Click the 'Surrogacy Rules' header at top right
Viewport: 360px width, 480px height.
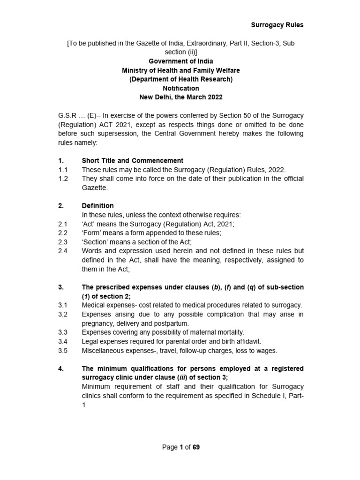pos(277,25)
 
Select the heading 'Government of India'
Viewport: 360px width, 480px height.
pos(180,61)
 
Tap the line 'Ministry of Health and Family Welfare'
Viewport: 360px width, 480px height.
pos(180,70)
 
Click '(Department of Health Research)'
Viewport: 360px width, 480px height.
pos(180,79)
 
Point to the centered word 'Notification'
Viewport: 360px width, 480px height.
pos(180,88)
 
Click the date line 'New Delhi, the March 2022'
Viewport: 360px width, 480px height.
pos(180,97)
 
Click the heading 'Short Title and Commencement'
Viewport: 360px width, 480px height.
pos(132,161)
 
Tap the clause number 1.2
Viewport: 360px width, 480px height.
pos(63,179)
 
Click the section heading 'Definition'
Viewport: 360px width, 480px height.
pos(97,206)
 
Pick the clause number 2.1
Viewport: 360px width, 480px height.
pos(63,224)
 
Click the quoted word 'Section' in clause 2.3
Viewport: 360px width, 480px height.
pos(94,242)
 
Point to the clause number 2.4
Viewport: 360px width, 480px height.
pos(63,251)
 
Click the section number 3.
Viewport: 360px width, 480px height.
pos(60,287)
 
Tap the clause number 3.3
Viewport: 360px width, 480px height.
pos(63,332)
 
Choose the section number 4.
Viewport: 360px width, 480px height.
pos(60,368)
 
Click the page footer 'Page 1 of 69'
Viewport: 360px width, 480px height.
pos(180,447)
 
